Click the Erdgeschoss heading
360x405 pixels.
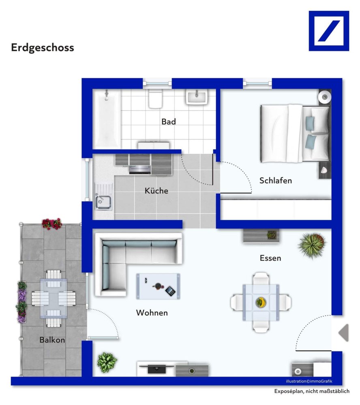point(43,47)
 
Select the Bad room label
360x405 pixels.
point(169,122)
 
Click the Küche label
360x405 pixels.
point(156,191)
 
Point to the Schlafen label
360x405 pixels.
point(275,181)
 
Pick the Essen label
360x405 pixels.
point(270,258)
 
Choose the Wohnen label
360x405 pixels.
point(152,313)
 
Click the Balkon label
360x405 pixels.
point(52,340)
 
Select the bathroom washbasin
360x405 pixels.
point(197,97)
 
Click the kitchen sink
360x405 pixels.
point(103,201)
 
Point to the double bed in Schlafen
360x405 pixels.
point(294,134)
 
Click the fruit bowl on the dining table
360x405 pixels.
point(260,302)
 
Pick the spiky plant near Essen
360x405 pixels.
point(312,245)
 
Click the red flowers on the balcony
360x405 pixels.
point(51,224)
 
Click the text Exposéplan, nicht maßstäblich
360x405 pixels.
point(311,391)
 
